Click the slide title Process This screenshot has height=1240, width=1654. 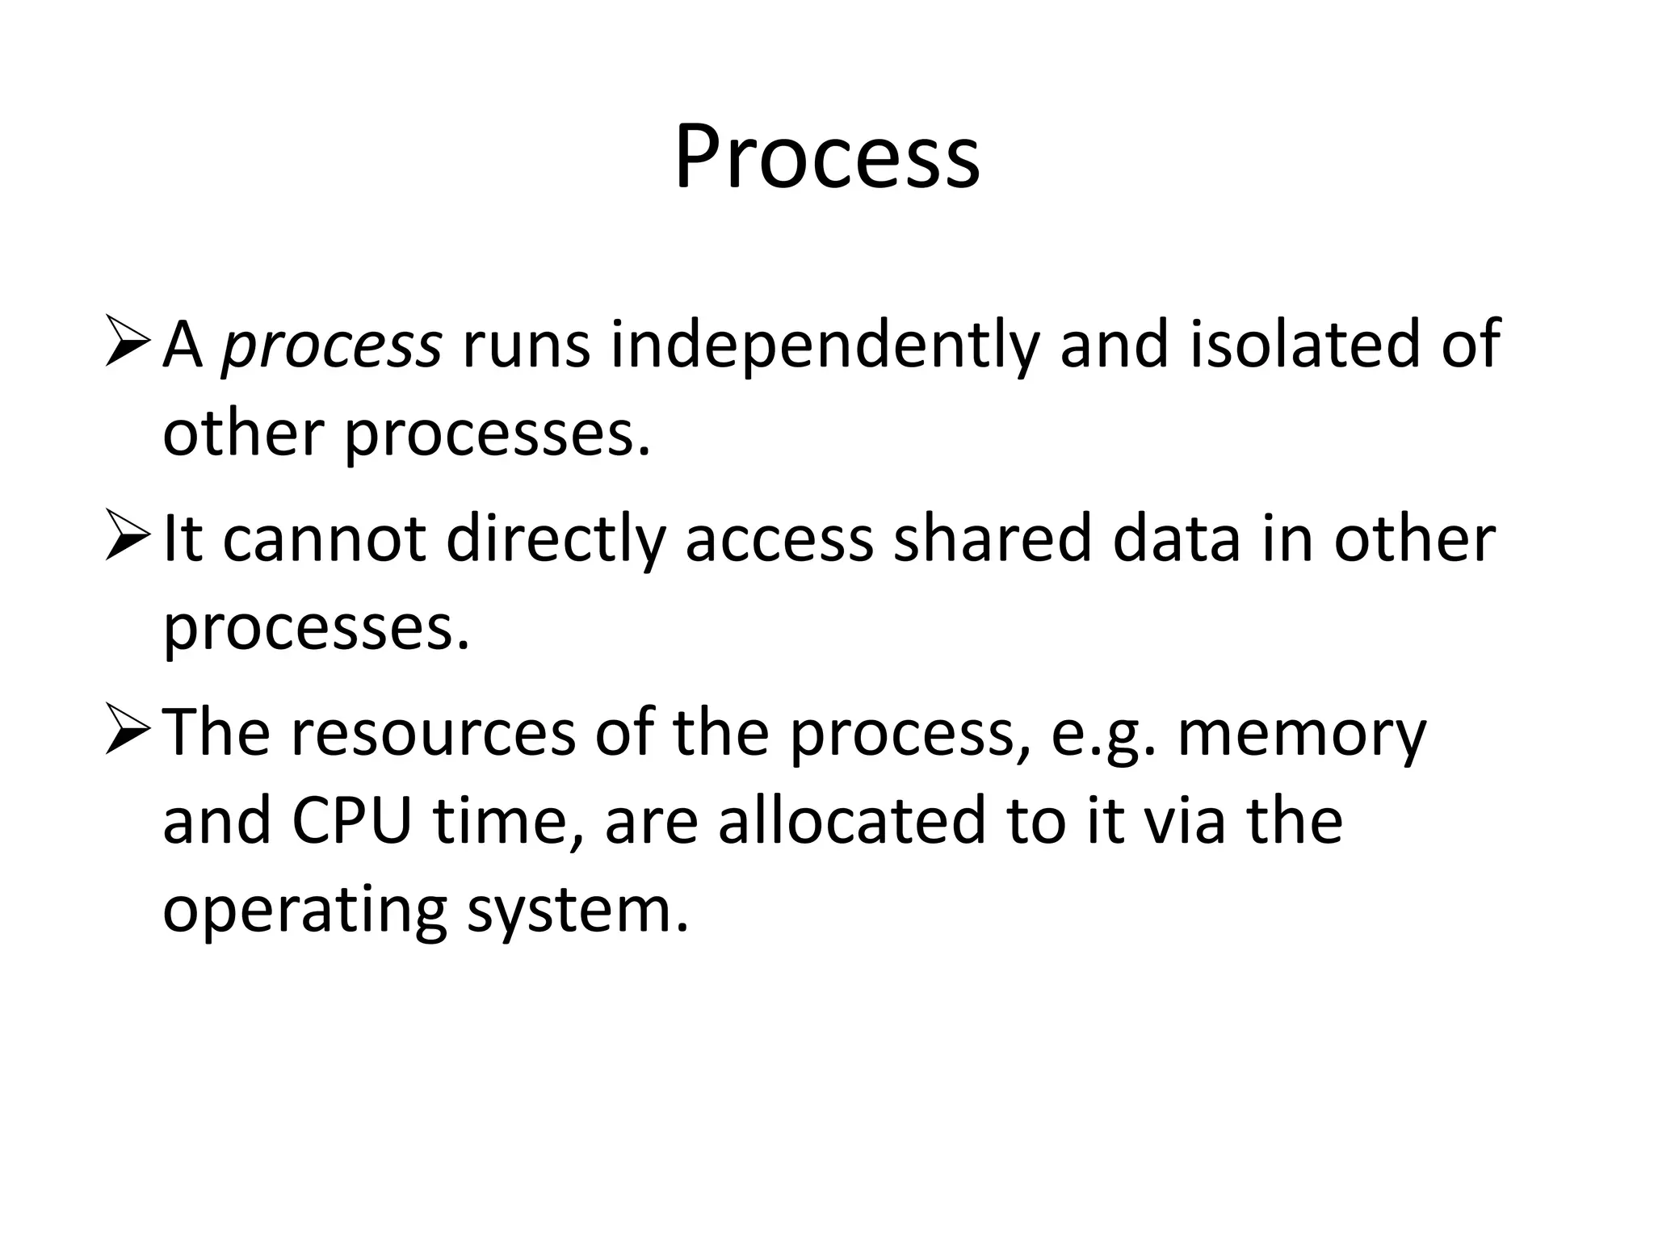(x=827, y=157)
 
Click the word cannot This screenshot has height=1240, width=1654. (x=324, y=539)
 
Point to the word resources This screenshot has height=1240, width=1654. (x=433, y=733)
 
